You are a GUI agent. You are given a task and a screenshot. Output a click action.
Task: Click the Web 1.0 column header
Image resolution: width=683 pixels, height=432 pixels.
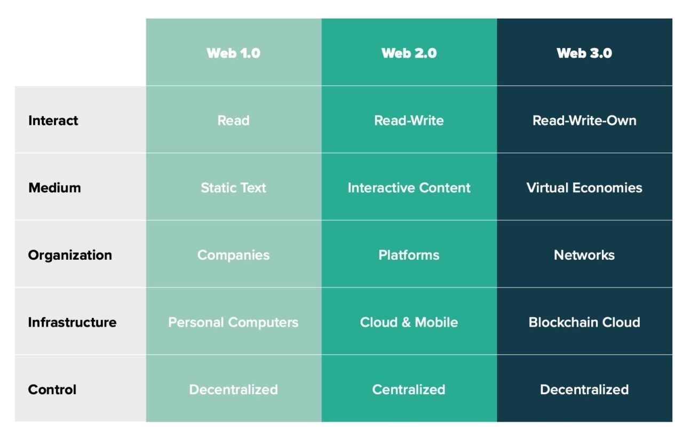click(233, 53)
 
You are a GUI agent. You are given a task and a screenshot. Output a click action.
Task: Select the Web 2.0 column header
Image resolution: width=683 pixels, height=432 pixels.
click(409, 53)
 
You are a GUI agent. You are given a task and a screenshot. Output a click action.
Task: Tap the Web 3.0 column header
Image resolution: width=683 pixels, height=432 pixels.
click(584, 53)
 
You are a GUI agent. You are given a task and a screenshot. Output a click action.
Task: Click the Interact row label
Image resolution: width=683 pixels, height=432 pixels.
click(53, 121)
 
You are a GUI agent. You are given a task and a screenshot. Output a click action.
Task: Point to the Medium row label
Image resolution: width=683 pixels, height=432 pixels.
click(54, 188)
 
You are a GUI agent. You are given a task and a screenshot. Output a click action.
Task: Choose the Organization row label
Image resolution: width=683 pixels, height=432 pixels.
click(70, 255)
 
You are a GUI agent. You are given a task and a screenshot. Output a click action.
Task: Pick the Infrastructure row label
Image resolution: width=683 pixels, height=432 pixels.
click(72, 322)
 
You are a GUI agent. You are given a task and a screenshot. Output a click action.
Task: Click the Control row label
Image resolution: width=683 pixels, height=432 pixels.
click(52, 390)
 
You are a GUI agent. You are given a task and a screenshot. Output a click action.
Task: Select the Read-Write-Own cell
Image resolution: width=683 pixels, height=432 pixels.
click(584, 121)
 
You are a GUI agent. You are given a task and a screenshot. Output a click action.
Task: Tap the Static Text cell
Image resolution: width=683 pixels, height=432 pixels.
click(233, 188)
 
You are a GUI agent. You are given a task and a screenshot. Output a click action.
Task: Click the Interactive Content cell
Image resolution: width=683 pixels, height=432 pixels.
click(409, 188)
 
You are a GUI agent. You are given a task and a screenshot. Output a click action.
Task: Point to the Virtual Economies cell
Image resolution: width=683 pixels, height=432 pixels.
click(584, 188)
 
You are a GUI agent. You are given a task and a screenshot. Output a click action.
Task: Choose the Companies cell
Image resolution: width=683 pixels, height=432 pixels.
click(233, 255)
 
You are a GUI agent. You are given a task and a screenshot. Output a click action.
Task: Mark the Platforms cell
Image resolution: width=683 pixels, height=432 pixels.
click(409, 255)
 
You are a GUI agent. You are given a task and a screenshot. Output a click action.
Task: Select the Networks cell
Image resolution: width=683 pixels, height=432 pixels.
click(584, 255)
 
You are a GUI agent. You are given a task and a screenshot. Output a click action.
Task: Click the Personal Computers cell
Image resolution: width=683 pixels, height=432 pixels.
click(233, 322)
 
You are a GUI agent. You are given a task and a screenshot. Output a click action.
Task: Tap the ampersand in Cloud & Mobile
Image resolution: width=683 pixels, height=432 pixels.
click(406, 322)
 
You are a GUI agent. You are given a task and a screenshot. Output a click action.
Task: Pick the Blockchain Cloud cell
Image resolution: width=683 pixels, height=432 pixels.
click(584, 322)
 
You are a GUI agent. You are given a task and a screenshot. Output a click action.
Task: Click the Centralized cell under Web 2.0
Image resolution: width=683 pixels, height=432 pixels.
click(409, 390)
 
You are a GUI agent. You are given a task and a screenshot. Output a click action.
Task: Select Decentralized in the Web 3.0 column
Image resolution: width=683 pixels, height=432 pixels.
click(584, 390)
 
